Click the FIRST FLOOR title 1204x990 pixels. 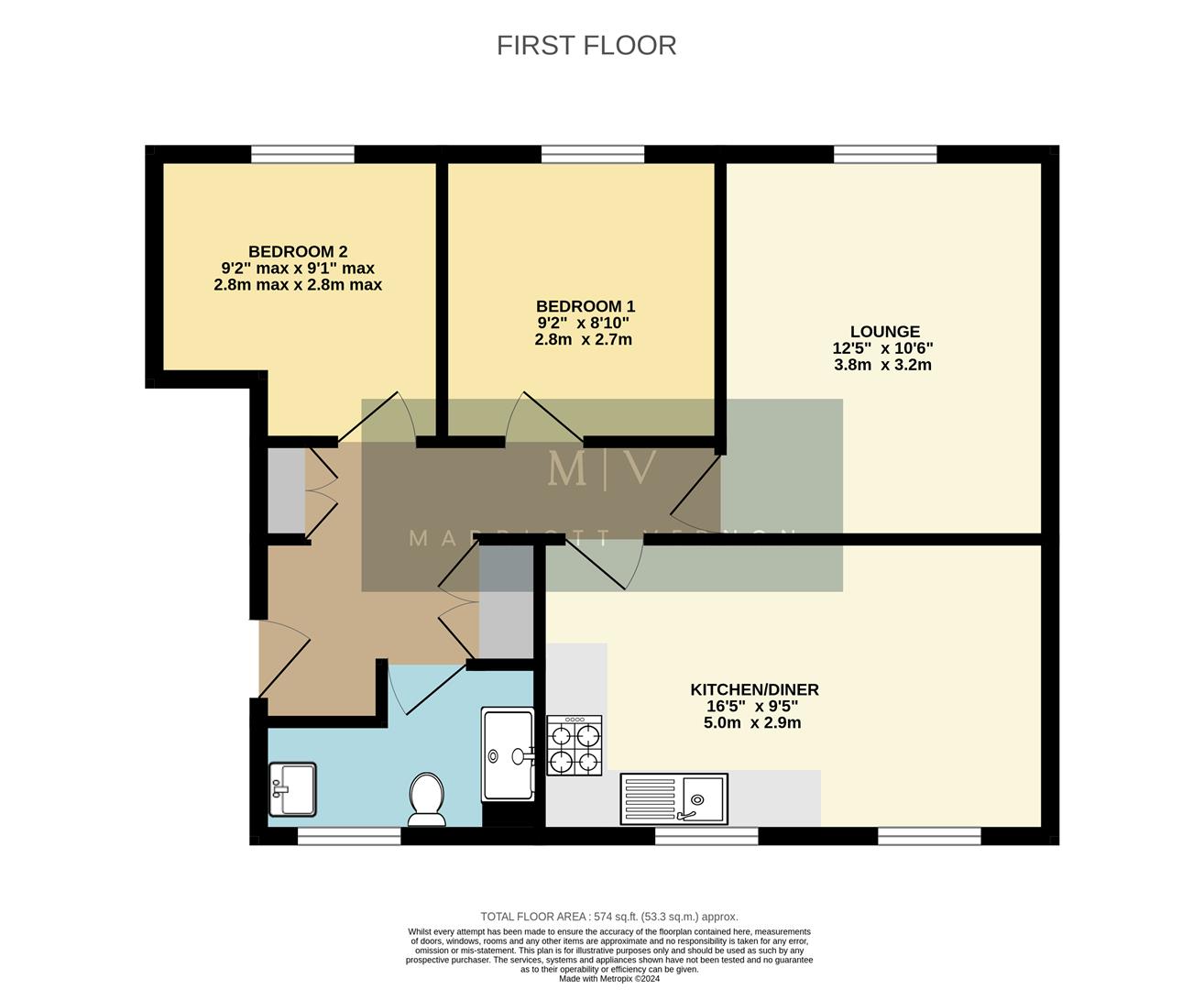click(586, 45)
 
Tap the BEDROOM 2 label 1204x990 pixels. click(298, 251)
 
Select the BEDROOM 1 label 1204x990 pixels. click(586, 306)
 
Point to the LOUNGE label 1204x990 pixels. click(884, 332)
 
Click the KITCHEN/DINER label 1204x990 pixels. click(754, 689)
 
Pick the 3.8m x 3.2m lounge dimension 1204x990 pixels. click(882, 365)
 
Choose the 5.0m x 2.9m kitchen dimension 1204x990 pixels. click(752, 722)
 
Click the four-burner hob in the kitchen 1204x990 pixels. click(575, 745)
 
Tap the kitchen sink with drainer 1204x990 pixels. click(673, 798)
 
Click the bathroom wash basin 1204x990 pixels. click(291, 788)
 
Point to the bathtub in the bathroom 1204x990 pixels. click(507, 754)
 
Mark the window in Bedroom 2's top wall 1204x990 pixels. click(302, 154)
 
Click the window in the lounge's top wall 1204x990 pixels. click(885, 154)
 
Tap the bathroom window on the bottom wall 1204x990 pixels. click(349, 835)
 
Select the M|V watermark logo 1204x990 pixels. click(602, 468)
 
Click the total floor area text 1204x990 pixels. click(608, 917)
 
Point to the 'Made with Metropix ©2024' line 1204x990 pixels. click(609, 978)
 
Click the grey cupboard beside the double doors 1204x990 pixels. click(285, 489)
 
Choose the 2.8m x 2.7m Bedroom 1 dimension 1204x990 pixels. click(584, 339)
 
